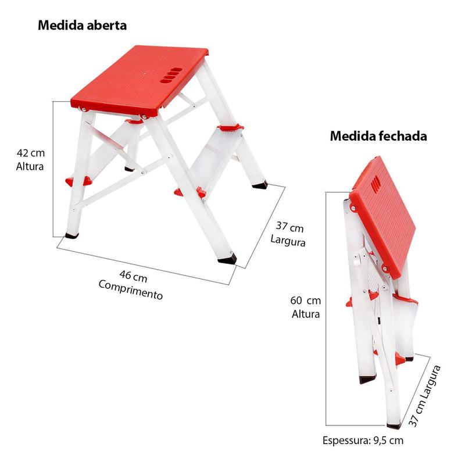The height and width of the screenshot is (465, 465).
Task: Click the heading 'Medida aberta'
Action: point(82,25)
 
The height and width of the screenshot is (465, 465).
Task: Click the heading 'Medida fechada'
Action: point(378,136)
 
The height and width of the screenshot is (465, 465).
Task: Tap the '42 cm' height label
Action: point(31,153)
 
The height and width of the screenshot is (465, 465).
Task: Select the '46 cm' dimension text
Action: point(133,276)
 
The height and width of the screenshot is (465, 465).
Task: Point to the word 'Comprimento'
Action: point(130,289)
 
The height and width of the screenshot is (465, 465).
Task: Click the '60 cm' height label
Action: point(306,301)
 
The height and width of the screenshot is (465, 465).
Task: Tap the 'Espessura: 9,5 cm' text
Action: point(363,441)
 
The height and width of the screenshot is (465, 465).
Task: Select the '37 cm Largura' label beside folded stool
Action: point(425,396)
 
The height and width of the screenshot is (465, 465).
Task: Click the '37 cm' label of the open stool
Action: point(289,227)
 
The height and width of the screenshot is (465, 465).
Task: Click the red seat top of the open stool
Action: point(139,80)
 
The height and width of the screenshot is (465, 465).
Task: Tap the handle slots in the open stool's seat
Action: point(171,76)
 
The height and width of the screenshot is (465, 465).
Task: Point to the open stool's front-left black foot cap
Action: point(72,236)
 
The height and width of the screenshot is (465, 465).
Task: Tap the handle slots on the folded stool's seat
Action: point(375,184)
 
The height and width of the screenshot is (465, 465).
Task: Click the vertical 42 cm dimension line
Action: point(53,169)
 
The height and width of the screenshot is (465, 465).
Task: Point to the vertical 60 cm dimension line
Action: point(326,309)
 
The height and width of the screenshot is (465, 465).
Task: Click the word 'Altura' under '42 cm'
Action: point(30,166)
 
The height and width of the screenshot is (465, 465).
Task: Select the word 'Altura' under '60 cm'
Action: point(306,314)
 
